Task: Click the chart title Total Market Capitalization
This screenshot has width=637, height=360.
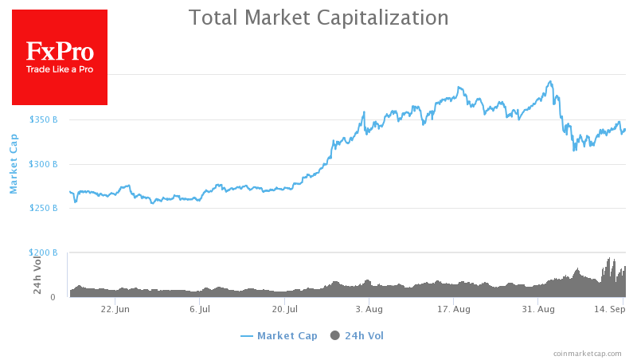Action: tap(318, 18)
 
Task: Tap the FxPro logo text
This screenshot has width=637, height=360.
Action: tap(60, 53)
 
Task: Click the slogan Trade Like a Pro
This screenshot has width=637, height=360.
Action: tap(60, 70)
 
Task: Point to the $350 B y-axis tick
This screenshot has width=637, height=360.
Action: tap(45, 119)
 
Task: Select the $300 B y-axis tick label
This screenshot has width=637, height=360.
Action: tap(45, 164)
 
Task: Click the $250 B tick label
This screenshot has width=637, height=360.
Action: tap(45, 208)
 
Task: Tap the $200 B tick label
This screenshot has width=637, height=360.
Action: tap(45, 252)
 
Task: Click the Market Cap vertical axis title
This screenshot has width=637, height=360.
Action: tap(14, 164)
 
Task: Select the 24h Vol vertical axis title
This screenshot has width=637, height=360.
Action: tap(37, 275)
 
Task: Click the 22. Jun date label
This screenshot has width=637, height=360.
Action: tap(116, 308)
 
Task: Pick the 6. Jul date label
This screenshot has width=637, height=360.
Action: tap(200, 308)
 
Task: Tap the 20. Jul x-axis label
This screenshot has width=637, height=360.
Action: tap(285, 308)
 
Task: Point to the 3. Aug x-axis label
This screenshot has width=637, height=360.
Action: tap(369, 308)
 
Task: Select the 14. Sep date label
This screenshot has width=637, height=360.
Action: tap(611, 308)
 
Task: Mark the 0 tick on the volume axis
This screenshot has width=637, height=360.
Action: tap(53, 297)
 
